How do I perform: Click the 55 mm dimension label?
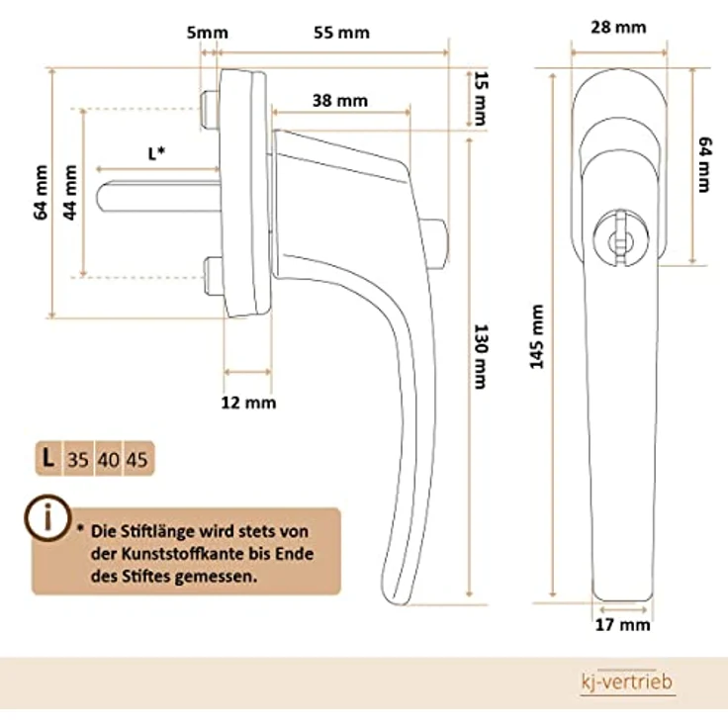tap(341, 33)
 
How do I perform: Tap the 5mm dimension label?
tap(207, 32)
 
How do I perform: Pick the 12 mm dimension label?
tap(248, 403)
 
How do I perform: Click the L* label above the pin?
tap(156, 153)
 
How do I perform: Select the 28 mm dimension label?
tap(618, 28)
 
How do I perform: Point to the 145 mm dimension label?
tap(537, 336)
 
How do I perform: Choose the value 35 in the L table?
tap(78, 459)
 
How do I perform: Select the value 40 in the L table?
tap(108, 459)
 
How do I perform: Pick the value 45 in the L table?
tap(137, 459)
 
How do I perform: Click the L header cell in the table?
tap(46, 458)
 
